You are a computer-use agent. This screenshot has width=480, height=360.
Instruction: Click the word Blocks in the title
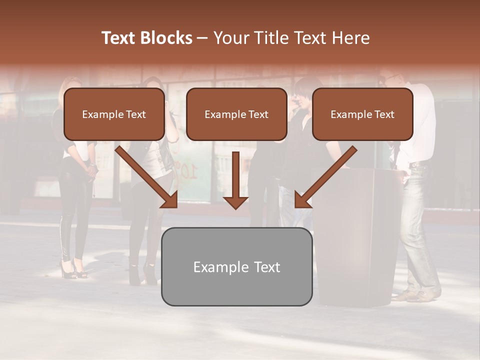[x=167, y=38]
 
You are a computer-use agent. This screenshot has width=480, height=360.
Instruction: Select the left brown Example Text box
[x=114, y=114]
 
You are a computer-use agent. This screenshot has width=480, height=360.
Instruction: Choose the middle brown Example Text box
[x=236, y=114]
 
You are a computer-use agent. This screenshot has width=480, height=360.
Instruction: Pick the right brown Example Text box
[x=362, y=114]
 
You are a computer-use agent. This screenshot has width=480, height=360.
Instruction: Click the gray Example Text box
[x=236, y=266]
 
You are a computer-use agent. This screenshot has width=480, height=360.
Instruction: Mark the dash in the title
[x=202, y=38]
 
